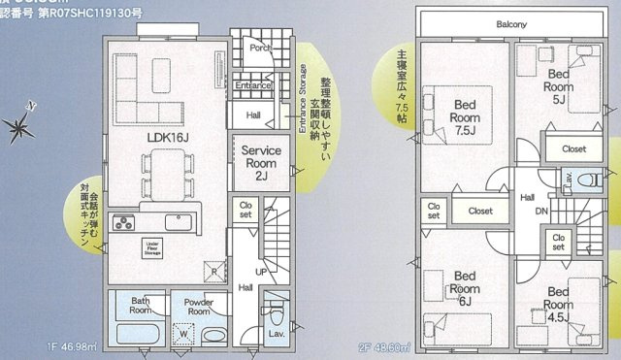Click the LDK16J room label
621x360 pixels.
(168, 138)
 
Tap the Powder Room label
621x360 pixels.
(199, 307)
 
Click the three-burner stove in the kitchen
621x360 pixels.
(124, 224)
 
